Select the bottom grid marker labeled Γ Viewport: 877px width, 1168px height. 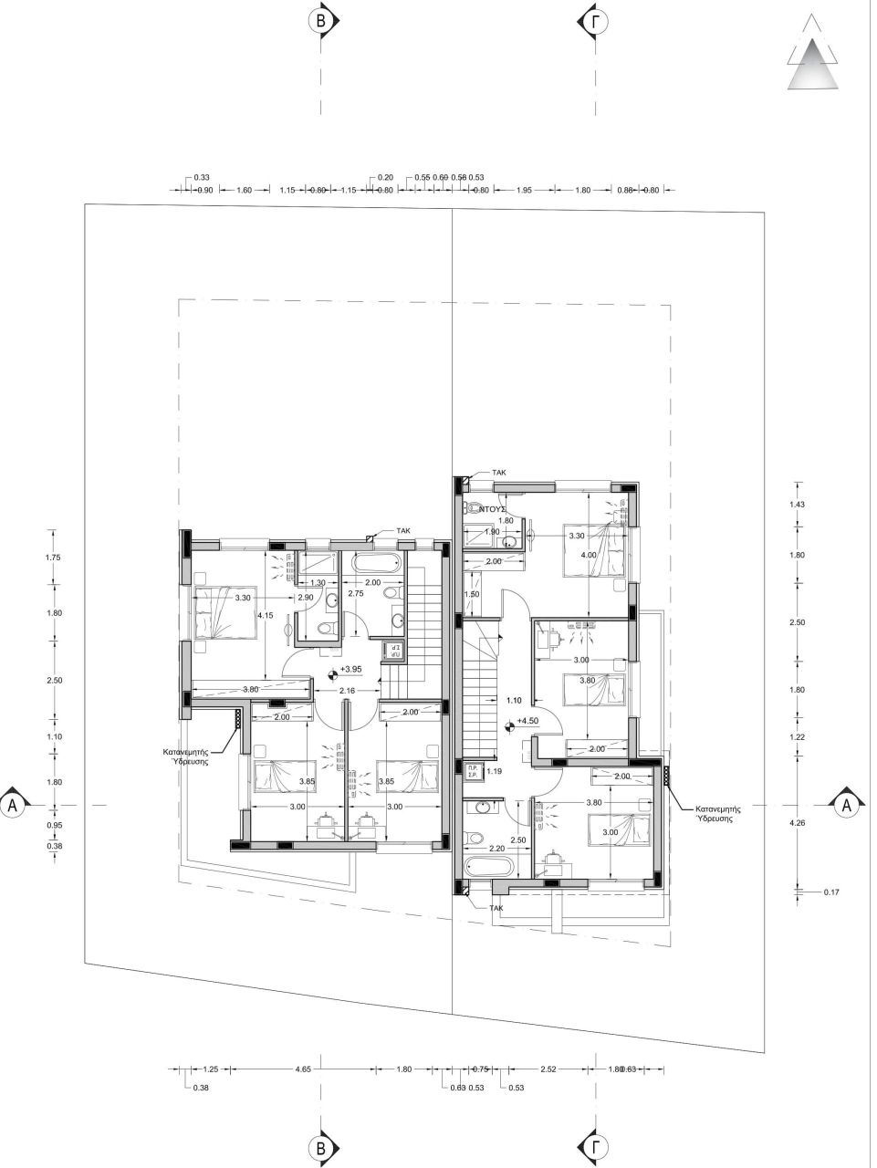pos(596,1148)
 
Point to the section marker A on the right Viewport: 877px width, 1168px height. pos(846,805)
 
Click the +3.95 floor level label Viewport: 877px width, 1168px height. pos(350,669)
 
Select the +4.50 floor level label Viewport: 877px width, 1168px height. pos(527,721)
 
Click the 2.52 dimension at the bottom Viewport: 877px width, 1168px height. pos(548,1068)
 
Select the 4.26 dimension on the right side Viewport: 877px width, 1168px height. pos(808,823)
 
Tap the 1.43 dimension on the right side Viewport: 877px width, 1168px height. pos(808,504)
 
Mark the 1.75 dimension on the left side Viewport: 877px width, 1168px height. pos(53,557)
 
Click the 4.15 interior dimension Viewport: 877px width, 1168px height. pos(266,616)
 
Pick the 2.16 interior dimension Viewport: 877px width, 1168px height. pos(346,691)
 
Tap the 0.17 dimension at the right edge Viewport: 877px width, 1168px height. pos(830,892)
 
